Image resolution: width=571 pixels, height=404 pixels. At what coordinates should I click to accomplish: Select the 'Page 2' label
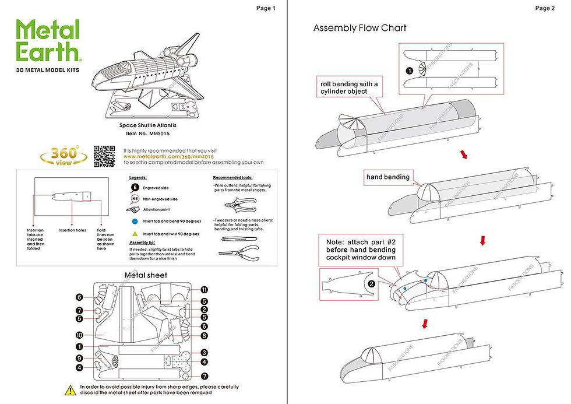(x=545, y=8)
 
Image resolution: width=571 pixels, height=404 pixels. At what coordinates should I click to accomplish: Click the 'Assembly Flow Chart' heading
(x=359, y=28)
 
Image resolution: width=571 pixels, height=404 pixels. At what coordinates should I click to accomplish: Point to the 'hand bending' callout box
(x=389, y=177)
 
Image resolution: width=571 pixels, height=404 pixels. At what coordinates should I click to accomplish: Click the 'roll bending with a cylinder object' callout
(x=348, y=87)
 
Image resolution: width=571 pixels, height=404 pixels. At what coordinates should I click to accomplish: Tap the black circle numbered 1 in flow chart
(x=410, y=71)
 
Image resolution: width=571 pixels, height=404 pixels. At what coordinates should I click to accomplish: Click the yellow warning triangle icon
(x=69, y=389)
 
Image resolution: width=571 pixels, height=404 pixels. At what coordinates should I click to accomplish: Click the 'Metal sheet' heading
(x=146, y=275)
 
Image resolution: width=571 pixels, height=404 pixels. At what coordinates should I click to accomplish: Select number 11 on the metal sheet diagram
(x=205, y=290)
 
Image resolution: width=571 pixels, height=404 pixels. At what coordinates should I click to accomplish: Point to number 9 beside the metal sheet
(x=79, y=357)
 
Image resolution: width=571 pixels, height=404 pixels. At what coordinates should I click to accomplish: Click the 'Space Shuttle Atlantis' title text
(x=147, y=125)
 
